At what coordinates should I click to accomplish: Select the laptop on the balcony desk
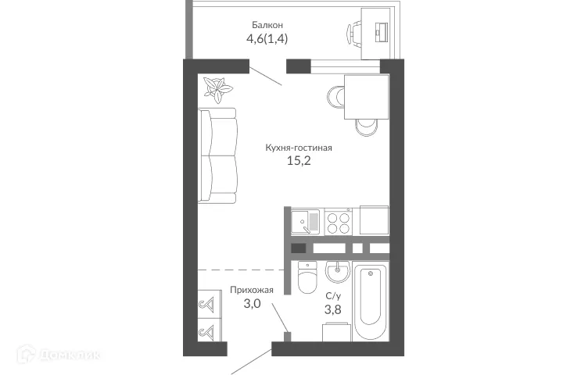pos(382,30)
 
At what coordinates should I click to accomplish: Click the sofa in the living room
pos(218,155)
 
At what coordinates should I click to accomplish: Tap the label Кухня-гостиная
pos(293,147)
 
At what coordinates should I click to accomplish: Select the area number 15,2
pos(293,163)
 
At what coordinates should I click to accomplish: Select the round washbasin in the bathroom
pos(339,273)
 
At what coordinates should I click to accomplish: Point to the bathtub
pos(371,304)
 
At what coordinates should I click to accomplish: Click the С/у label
pos(333,295)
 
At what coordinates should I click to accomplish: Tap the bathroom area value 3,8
pos(333,310)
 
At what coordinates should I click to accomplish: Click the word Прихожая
pos(251,290)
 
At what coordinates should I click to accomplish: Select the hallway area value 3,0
pos(250,305)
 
